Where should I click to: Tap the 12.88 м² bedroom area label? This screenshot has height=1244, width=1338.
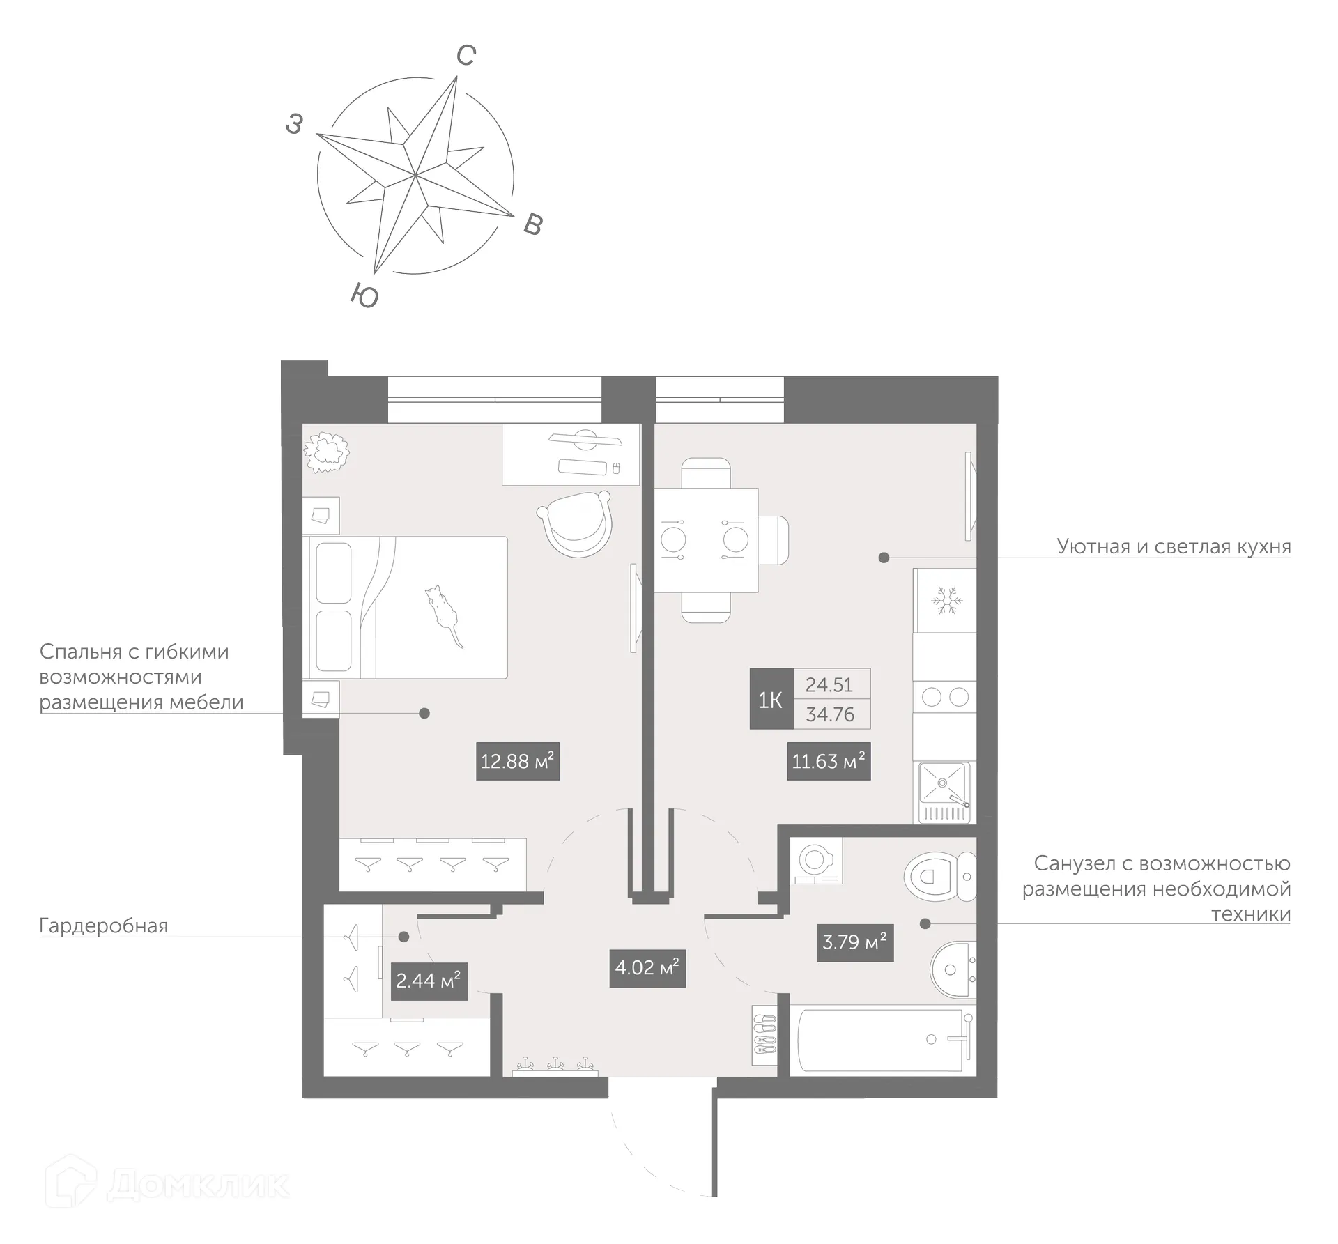coord(517,760)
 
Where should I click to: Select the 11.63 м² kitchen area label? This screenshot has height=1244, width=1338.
coord(829,760)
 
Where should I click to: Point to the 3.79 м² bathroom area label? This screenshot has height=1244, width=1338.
coord(854,942)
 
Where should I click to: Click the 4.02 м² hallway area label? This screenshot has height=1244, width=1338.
coord(647,967)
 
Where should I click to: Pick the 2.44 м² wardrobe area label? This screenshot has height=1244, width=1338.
coord(429,981)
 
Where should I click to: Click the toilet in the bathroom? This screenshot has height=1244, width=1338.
coord(939,876)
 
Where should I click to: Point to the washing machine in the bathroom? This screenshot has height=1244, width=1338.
coord(815,860)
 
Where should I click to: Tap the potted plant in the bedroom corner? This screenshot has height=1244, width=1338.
coord(325,452)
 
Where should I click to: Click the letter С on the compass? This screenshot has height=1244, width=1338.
coord(466,56)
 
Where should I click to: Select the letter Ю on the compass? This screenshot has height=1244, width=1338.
coord(364,295)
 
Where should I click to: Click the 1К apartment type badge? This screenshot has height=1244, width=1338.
coord(770,699)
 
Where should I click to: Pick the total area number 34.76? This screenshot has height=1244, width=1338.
coord(830,714)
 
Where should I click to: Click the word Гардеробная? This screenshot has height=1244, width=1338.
coord(104,926)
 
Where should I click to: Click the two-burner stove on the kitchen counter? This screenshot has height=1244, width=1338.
coord(945,697)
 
